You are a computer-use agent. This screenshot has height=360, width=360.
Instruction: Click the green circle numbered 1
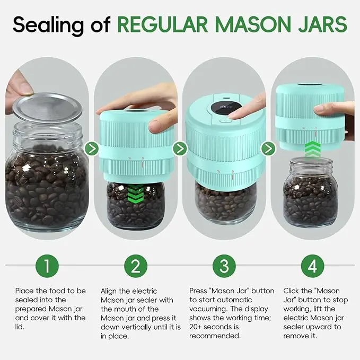click(47, 266)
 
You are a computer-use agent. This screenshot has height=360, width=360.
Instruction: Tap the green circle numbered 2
click(136, 266)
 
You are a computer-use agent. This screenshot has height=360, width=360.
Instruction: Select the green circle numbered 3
click(224, 266)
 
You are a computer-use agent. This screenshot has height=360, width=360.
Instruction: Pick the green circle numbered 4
click(312, 266)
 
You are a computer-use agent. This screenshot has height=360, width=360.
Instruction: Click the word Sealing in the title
click(49, 25)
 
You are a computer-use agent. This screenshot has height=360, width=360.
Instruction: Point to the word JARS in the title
click(323, 24)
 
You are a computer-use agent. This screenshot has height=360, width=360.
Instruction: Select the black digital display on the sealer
click(226, 107)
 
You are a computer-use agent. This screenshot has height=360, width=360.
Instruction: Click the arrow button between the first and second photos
click(92, 148)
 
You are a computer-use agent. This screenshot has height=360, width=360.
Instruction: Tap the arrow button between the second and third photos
click(180, 148)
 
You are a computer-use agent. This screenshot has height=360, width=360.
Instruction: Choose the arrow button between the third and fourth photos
click(268, 148)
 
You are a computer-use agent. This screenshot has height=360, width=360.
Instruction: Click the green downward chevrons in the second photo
click(135, 193)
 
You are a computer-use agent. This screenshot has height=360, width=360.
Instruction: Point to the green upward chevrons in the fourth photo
click(313, 149)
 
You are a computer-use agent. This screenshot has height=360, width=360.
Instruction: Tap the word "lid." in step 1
click(20, 327)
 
